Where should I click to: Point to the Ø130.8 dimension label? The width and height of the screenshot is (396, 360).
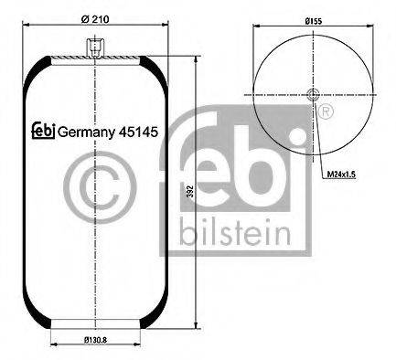point(97,340)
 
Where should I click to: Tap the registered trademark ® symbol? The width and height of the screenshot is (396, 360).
point(324,110)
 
